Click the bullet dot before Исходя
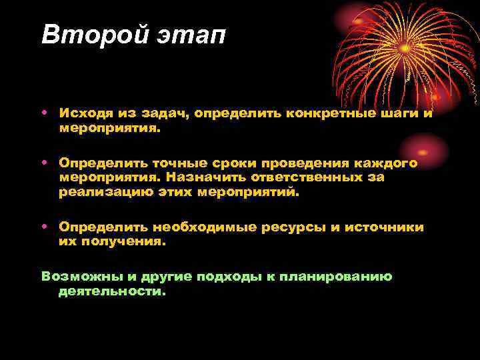tap(44, 113)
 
